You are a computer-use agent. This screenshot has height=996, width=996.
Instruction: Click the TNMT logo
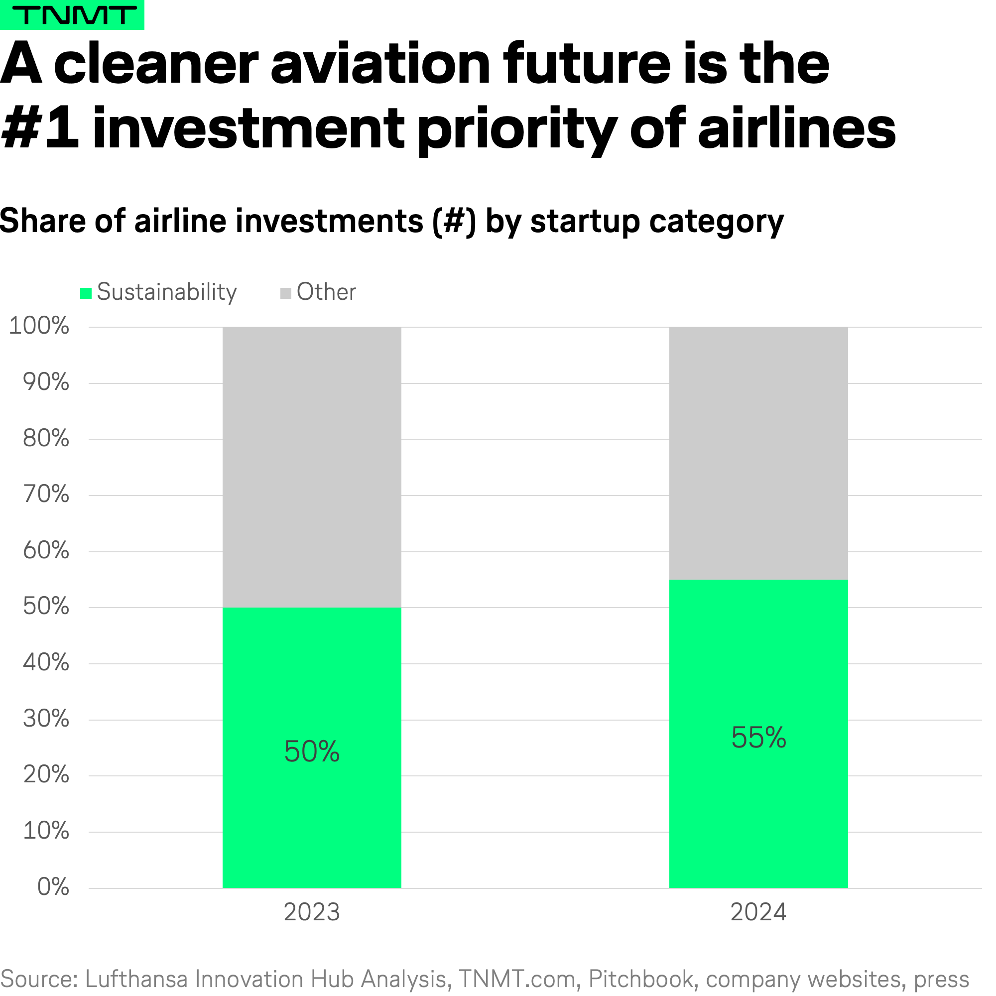point(72,15)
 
